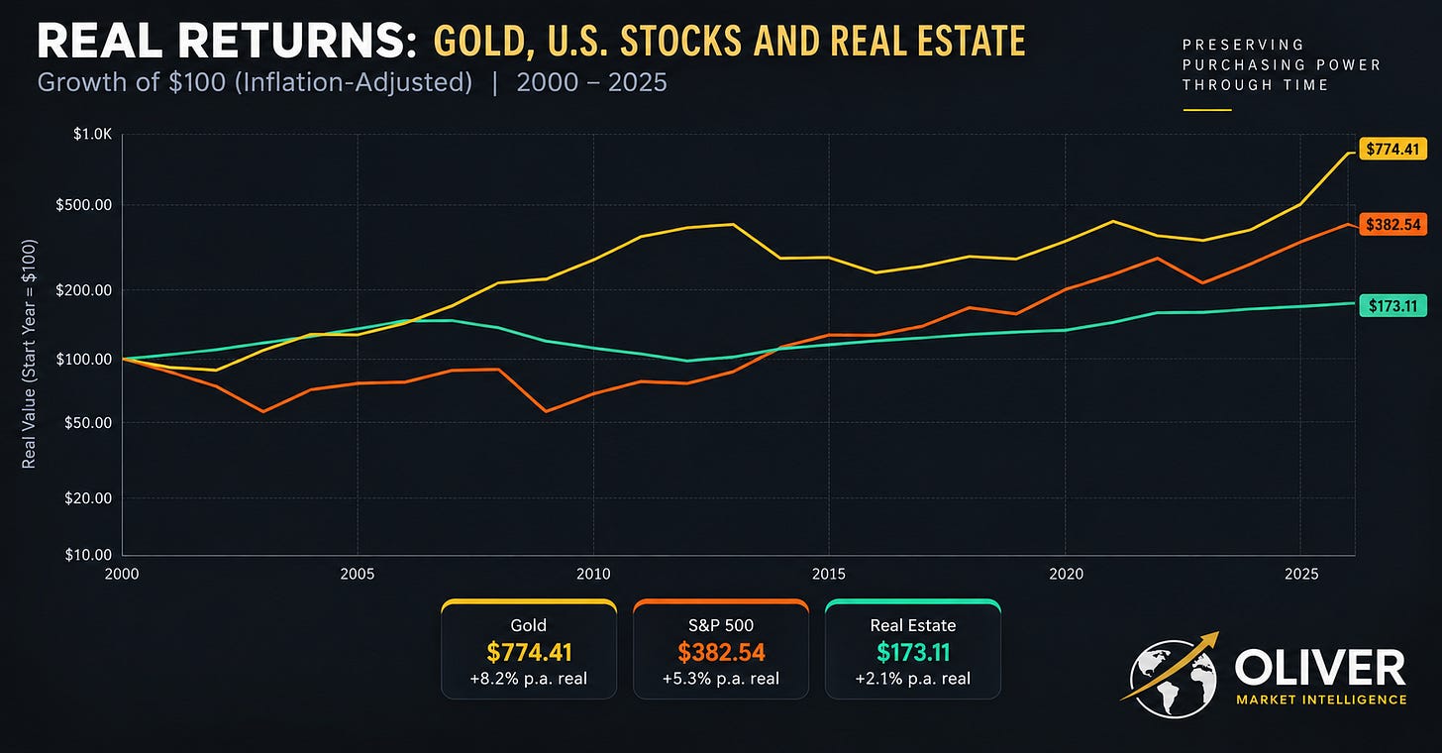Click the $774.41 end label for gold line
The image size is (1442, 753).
click(1392, 150)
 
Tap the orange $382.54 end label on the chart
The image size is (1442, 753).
click(1392, 224)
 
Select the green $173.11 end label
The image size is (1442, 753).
click(1392, 305)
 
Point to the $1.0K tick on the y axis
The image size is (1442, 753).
click(93, 134)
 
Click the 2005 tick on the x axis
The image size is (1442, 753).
click(358, 574)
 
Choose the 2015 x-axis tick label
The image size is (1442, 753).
click(829, 574)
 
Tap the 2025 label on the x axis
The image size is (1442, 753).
click(1301, 574)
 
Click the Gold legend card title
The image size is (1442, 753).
click(529, 625)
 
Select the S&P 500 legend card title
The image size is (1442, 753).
click(721, 625)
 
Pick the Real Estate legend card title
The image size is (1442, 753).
click(913, 625)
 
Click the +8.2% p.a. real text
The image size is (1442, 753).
click(529, 679)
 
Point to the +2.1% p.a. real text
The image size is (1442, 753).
click(913, 679)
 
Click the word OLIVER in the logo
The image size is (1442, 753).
click(1319, 668)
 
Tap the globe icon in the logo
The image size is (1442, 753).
click(1173, 679)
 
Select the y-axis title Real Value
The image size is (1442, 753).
click(30, 354)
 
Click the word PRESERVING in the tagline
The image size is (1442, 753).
click(1243, 46)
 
